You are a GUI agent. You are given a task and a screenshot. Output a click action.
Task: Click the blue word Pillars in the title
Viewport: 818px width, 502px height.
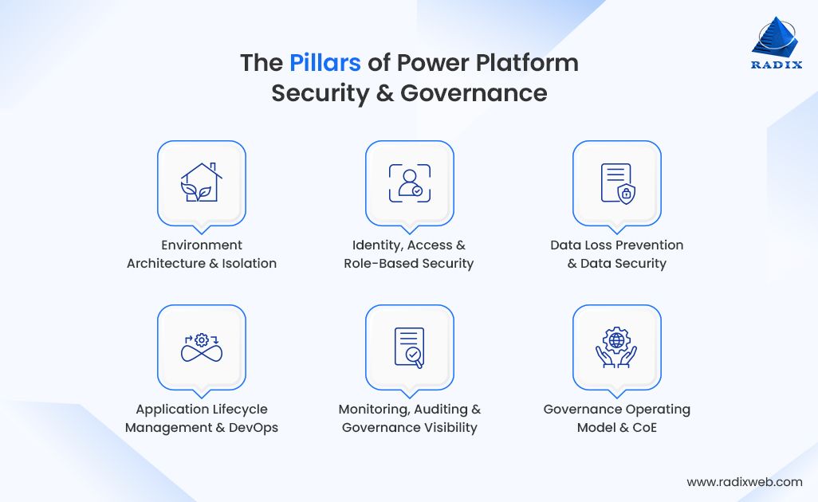tap(325, 63)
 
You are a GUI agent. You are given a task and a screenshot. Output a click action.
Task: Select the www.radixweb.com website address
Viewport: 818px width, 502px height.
tap(744, 481)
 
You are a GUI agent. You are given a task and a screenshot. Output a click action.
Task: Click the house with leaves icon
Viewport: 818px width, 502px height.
tap(201, 182)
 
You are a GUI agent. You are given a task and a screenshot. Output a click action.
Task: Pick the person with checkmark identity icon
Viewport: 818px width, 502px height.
tap(409, 182)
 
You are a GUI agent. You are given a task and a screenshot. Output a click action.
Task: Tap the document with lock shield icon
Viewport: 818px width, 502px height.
tap(616, 182)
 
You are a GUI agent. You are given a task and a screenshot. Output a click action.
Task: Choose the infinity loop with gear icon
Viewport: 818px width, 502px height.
tap(201, 347)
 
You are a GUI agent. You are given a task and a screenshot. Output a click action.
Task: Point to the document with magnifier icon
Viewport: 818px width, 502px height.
tap(409, 347)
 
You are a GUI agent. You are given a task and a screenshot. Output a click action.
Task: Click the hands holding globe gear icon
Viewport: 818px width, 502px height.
tap(616, 347)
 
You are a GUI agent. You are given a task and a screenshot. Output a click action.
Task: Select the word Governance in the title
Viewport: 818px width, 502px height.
tap(474, 93)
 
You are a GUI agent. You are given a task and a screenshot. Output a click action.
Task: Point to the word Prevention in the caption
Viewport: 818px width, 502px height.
tap(647, 245)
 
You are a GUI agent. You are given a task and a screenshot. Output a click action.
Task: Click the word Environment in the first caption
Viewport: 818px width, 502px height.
tap(202, 245)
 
